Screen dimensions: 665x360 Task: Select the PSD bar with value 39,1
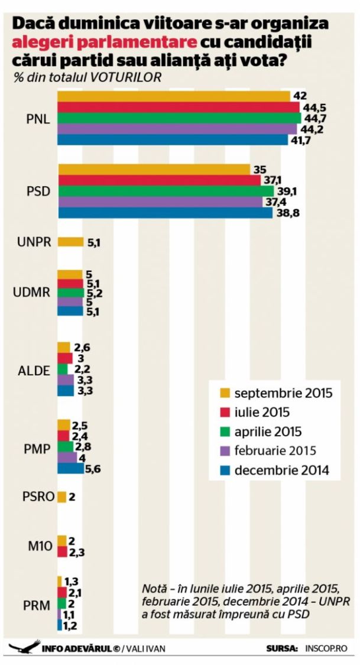tap(166, 192)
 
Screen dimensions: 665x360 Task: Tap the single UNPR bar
tap(70, 241)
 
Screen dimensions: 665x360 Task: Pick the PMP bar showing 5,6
tap(70, 468)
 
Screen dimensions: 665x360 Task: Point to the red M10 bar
tap(61, 552)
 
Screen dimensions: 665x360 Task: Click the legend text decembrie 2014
tap(281, 471)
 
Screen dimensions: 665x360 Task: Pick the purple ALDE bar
tap(65, 380)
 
